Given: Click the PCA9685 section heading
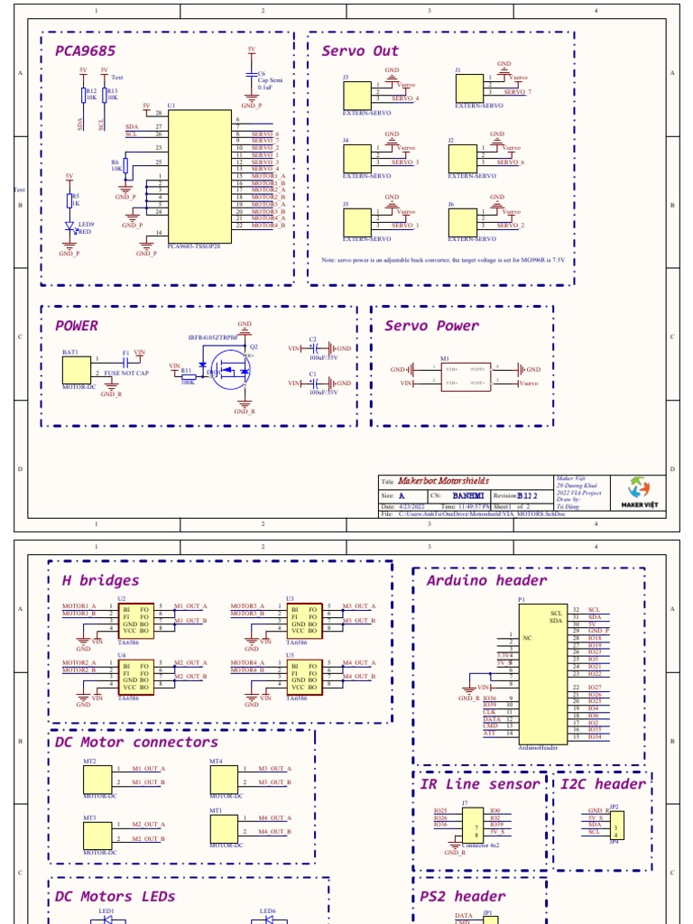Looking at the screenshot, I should (85, 51).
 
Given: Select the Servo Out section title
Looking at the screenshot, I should (359, 51).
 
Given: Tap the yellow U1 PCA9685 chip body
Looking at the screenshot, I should (200, 171).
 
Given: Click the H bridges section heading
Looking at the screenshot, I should (100, 580).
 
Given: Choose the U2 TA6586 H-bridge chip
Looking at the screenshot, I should (135, 620).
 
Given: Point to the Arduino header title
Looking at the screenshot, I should (486, 580).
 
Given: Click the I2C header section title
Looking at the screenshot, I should (602, 784).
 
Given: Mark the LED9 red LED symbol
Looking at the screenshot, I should (70, 229).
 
